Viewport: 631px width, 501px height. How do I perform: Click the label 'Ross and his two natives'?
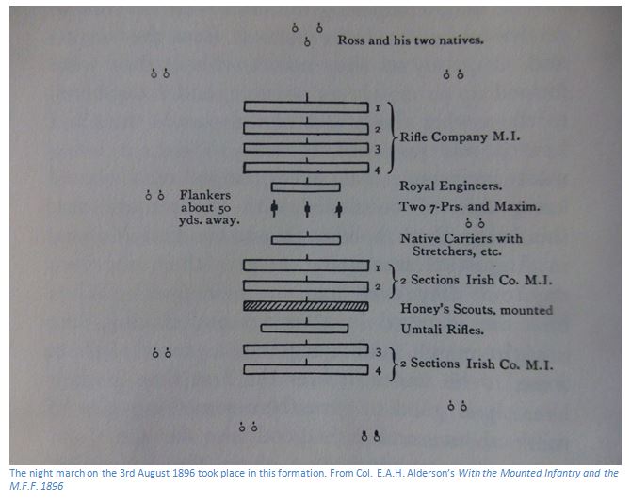pos(411,40)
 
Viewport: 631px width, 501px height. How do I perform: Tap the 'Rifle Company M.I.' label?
pos(460,137)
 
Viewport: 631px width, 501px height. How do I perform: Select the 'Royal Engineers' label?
pos(451,186)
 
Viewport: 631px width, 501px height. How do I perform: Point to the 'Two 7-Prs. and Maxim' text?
pos(469,207)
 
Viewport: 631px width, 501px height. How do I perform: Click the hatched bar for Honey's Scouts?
pos(306,306)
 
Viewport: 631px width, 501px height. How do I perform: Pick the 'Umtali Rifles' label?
pos(443,330)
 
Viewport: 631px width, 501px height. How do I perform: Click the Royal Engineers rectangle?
pos(306,187)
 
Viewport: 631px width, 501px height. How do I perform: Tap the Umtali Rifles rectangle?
pos(304,329)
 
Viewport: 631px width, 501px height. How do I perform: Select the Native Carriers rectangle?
pos(306,240)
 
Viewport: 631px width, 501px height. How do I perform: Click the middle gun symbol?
pos(307,208)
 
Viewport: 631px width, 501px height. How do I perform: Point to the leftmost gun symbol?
pos(274,208)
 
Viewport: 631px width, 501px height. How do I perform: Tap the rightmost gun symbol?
pos(339,208)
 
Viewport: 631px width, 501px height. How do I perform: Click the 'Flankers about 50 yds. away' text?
pos(209,207)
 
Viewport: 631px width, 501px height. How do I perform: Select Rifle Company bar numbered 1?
pos(306,107)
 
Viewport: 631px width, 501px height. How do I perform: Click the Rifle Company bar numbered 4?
pos(306,168)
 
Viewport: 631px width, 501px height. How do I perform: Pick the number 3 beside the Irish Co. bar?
pos(379,352)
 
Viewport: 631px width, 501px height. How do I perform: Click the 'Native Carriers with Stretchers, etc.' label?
pos(461,245)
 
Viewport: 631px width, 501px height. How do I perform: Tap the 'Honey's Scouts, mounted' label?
pos(477,309)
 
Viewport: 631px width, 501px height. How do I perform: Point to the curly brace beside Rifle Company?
pos(393,137)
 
